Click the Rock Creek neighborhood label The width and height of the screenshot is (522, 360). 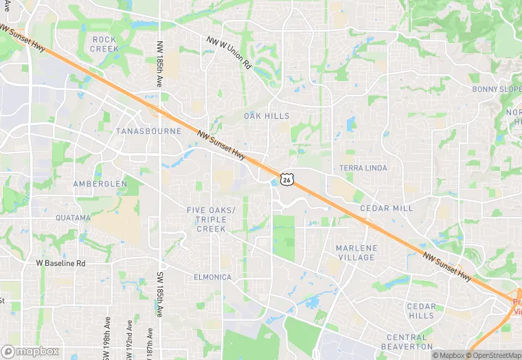tap(104, 44)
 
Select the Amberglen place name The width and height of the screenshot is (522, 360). tap(100, 184)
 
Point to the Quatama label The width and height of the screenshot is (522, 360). tap(73, 218)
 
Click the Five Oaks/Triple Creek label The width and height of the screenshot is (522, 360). tap(211, 219)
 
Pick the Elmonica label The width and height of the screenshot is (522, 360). tap(212, 278)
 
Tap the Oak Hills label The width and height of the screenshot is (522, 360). tap(266, 116)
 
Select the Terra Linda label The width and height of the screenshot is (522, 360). tap(363, 168)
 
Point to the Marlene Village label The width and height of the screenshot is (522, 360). tap(356, 252)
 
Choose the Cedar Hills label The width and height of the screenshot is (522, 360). tap(421, 311)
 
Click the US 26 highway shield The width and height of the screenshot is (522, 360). tap(287, 179)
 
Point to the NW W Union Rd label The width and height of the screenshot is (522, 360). tap(229, 52)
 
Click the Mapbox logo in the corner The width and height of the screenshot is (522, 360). tap(30, 350)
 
